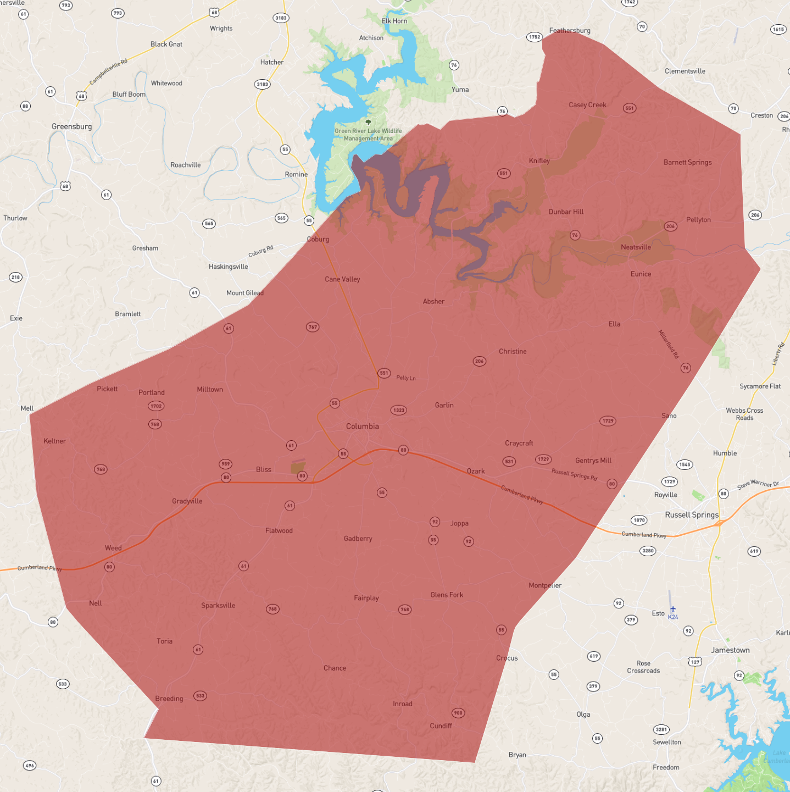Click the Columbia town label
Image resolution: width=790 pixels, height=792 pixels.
(x=362, y=426)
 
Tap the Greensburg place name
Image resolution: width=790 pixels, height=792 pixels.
(x=72, y=126)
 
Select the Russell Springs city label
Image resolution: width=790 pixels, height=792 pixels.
(x=692, y=515)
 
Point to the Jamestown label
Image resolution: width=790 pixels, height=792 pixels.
(x=730, y=650)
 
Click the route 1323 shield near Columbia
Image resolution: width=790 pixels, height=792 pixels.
(x=399, y=410)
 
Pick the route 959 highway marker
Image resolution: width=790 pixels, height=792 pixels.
(x=225, y=464)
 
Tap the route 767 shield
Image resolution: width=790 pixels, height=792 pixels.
(x=313, y=327)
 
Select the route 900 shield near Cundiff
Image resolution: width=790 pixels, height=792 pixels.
(x=458, y=713)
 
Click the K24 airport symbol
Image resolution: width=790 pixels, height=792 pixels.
(x=673, y=609)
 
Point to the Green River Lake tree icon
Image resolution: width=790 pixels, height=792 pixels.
(x=368, y=123)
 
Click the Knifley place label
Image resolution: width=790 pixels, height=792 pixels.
(x=539, y=161)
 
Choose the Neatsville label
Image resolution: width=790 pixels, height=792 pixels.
(x=636, y=247)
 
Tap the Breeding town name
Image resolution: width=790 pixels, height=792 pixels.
(x=169, y=699)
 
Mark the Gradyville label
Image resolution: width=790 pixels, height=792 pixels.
(x=187, y=501)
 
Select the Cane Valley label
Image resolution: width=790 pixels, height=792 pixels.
(x=342, y=279)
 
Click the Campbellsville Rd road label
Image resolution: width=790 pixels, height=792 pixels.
(x=108, y=71)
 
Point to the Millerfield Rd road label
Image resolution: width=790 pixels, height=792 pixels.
(x=669, y=344)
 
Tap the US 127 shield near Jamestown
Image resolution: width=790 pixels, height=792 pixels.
(x=696, y=661)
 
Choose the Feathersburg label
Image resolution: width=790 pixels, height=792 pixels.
(x=570, y=31)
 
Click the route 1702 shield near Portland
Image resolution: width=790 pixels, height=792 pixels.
(x=156, y=406)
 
